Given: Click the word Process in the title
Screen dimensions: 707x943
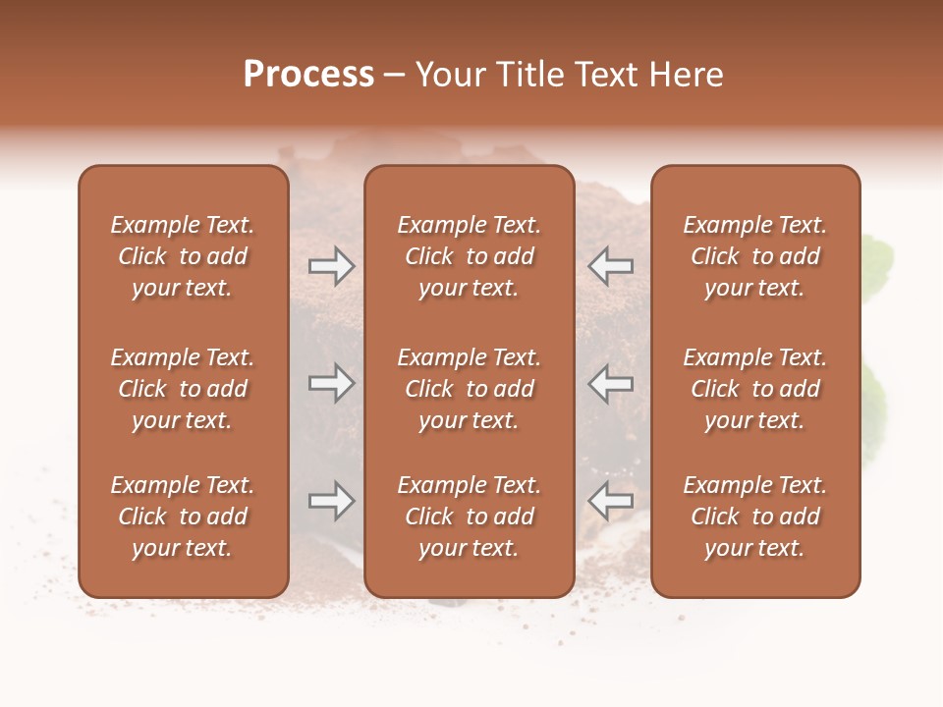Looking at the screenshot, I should pos(308,75).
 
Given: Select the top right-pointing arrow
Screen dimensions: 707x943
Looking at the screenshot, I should pos(331,265).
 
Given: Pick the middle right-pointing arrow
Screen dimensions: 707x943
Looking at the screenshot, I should pos(331,383).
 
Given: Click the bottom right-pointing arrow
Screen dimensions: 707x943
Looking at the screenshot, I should pos(331,502).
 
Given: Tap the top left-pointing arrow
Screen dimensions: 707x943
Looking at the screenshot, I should pos(611,265).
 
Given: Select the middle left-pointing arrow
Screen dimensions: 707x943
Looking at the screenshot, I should pos(611,383).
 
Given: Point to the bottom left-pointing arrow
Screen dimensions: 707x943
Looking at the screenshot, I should pos(611,502).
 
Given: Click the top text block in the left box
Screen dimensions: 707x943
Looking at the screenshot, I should pos(183,256).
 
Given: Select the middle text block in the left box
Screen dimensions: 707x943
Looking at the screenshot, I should pos(183,389).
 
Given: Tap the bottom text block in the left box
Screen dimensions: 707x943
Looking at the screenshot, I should pos(183,517).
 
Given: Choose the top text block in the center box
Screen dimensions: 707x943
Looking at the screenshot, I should pos(469,256).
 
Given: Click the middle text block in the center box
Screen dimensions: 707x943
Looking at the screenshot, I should pos(469,389).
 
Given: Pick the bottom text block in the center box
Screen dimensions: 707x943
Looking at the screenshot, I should pos(469,517).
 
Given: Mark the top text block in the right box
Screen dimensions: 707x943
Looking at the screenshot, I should pos(754,256).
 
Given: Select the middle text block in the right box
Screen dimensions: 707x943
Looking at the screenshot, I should pos(754,389).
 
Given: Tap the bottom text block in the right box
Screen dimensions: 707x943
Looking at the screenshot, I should pos(754,517).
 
